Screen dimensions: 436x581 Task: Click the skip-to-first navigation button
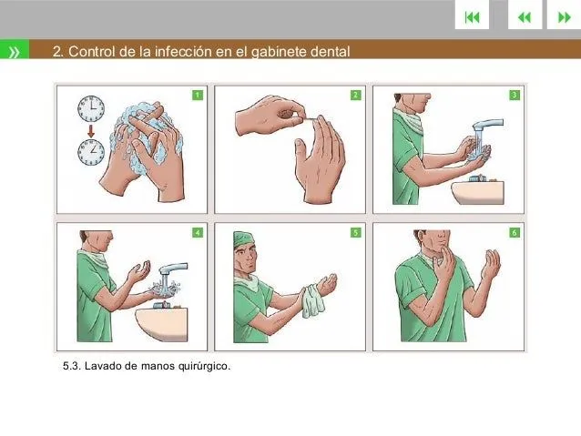[x=471, y=16]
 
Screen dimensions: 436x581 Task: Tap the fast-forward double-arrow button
[x=564, y=16]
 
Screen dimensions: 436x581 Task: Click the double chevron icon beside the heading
[x=15, y=52]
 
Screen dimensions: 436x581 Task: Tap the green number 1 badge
[x=198, y=94]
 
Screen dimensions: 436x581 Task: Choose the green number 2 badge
[x=355, y=94]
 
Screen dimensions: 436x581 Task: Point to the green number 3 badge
[x=515, y=94]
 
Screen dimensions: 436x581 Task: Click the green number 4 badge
[x=198, y=233]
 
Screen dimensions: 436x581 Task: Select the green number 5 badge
[x=355, y=233]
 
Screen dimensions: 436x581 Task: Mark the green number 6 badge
[x=515, y=233]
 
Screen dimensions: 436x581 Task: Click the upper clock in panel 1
[x=90, y=109]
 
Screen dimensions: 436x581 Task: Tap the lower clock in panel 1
[x=91, y=152]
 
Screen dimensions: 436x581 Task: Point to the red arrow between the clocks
[x=91, y=131]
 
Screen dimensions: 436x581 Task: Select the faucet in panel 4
[x=173, y=269]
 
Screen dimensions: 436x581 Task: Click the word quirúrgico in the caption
[x=201, y=367]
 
